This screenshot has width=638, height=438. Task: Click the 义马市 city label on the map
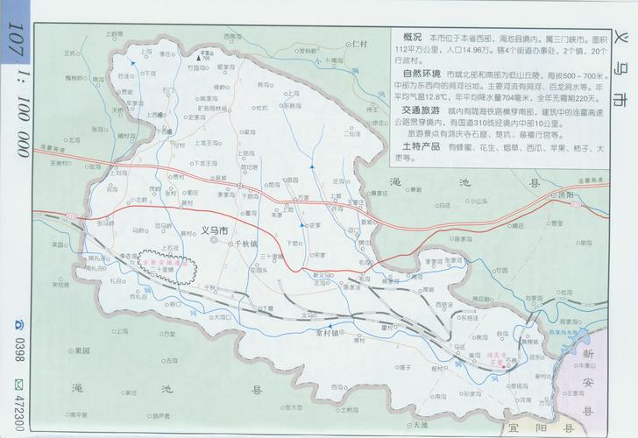point(214,230)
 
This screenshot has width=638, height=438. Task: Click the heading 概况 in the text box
point(412,39)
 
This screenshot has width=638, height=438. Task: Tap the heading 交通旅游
point(419,112)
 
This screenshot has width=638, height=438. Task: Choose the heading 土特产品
point(419,146)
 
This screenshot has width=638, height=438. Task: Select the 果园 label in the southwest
point(83,350)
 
